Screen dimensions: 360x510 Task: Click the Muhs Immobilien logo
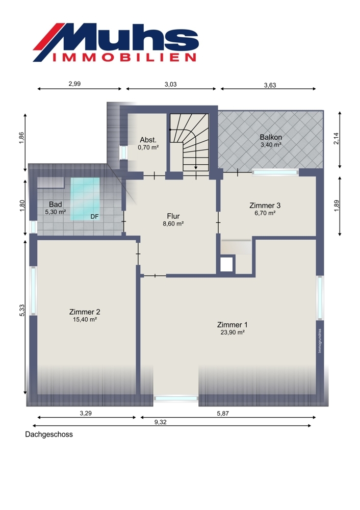tap(116, 42)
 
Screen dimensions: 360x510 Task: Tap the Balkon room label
tap(271, 137)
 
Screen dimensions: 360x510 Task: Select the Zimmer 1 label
tap(232, 324)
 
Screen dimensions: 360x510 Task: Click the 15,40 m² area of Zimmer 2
tap(85, 319)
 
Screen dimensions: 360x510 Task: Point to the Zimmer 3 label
tap(265, 205)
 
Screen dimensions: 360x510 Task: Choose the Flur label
tap(173, 216)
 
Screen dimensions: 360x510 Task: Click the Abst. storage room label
tap(148, 140)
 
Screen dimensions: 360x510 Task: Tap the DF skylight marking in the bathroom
tap(94, 216)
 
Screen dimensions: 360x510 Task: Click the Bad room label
tap(55, 205)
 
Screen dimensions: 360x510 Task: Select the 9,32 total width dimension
tap(160, 422)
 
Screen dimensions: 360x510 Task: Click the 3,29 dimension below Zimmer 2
tap(86, 414)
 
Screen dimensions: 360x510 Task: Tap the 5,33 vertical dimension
tap(22, 310)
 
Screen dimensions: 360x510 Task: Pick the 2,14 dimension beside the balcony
tap(337, 138)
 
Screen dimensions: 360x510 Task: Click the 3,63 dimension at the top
tap(270, 85)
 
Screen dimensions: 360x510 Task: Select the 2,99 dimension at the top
tap(74, 84)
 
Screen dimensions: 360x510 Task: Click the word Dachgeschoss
tap(49, 435)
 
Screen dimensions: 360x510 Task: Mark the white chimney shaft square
tap(227, 264)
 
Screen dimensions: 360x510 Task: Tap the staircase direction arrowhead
tap(196, 167)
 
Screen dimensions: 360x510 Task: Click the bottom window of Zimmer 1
tap(176, 398)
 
